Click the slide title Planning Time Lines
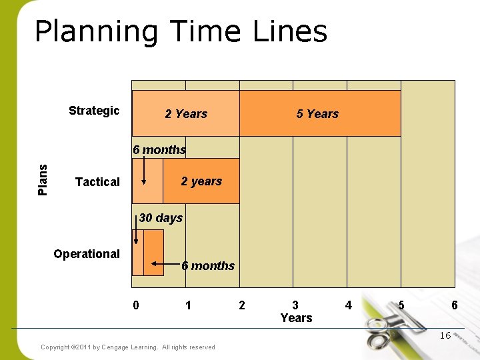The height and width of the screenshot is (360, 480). pyautogui.click(x=181, y=31)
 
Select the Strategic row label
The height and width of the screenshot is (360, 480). pyautogui.click(x=94, y=111)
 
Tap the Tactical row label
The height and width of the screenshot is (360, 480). pyautogui.click(x=97, y=182)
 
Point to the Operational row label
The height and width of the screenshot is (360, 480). pyautogui.click(x=87, y=254)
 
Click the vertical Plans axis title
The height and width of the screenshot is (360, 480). pyautogui.click(x=43, y=180)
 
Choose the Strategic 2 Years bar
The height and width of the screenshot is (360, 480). pyautogui.click(x=186, y=114)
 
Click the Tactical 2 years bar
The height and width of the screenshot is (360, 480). pyautogui.click(x=201, y=181)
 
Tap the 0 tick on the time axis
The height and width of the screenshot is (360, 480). pyautogui.click(x=136, y=305)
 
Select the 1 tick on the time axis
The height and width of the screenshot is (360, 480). pyautogui.click(x=189, y=305)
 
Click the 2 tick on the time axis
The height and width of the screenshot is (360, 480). pyautogui.click(x=242, y=305)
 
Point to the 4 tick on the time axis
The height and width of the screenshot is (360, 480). pyautogui.click(x=348, y=305)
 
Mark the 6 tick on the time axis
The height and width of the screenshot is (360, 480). pyautogui.click(x=454, y=305)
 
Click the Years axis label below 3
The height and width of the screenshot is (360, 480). pyautogui.click(x=296, y=318)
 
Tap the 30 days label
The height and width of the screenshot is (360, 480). pyautogui.click(x=161, y=218)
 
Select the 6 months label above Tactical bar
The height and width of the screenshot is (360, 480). pyautogui.click(x=159, y=150)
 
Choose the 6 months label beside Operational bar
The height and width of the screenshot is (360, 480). pyautogui.click(x=208, y=266)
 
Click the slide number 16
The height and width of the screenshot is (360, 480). pyautogui.click(x=445, y=335)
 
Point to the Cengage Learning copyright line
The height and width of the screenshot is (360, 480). pyautogui.click(x=128, y=347)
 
